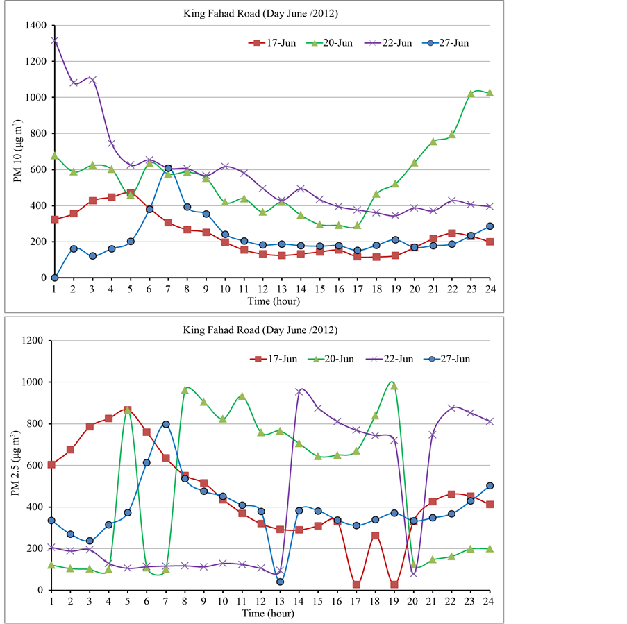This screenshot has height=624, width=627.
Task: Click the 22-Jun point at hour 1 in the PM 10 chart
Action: pos(54,40)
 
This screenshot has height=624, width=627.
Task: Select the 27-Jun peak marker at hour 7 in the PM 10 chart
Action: pos(168,169)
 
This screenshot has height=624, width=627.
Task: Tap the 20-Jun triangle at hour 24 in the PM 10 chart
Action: pos(490,92)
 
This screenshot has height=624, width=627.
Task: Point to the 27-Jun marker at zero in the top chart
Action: pos(54,278)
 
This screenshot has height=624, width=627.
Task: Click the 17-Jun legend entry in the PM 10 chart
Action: pos(272,43)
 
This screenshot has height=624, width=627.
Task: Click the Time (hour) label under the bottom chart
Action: pos(271,614)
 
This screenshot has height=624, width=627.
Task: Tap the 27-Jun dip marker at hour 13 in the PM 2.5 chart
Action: pos(280,582)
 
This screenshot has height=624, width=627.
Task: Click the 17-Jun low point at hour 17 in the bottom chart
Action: pos(356,584)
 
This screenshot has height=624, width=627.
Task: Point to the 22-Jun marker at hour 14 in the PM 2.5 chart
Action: pos(299,391)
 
